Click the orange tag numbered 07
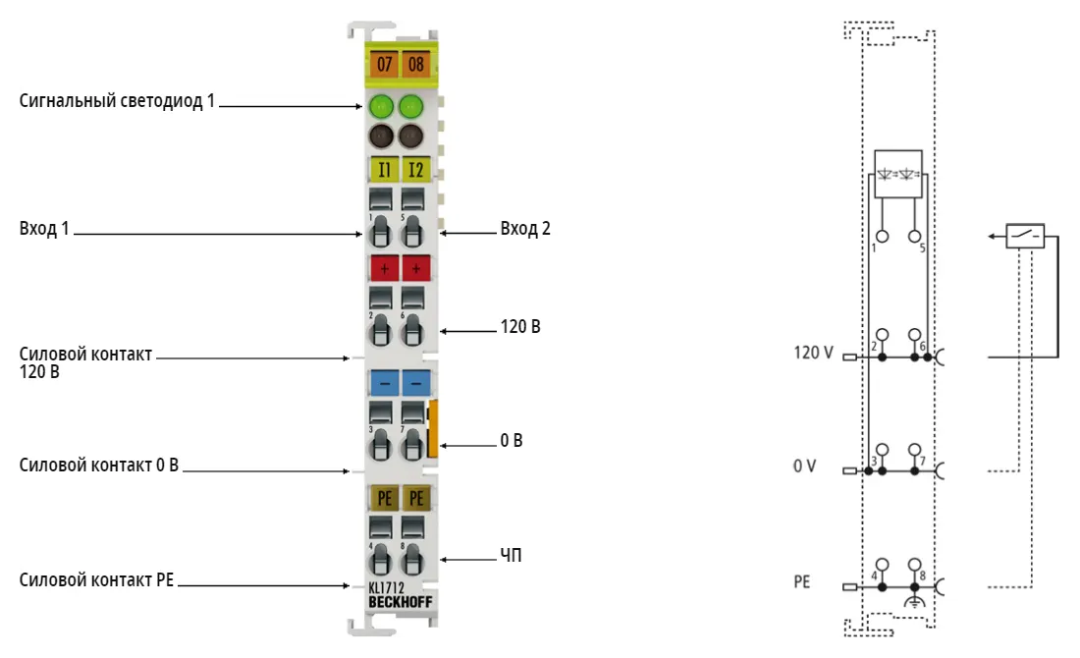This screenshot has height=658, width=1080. coord(384,64)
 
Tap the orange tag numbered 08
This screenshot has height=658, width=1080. coord(415,64)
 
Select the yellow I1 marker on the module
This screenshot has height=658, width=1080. coord(384,170)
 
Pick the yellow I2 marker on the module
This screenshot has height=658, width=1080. coord(415,170)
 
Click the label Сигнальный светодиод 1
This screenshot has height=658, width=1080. coord(117,100)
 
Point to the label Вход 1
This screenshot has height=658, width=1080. coord(44,228)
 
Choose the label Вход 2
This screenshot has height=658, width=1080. coord(525,228)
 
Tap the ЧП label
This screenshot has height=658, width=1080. coord(512,555)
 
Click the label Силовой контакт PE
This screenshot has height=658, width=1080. coord(96,580)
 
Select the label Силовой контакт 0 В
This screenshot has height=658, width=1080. coord(98,466)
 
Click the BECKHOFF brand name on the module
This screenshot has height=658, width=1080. coord(401,602)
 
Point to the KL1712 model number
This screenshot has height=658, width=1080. coord(386,587)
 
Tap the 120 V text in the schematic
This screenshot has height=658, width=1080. coord(814,353)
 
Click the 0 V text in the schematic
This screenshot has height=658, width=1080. coord(804,466)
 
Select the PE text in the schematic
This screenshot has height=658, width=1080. coord(802,581)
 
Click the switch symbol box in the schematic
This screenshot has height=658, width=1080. coord(1025,236)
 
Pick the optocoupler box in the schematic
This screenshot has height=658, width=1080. coord(898,174)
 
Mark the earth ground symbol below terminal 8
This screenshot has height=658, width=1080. coord(915,602)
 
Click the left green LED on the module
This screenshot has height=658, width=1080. coord(381,107)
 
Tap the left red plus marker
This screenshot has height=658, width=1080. coord(384,268)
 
